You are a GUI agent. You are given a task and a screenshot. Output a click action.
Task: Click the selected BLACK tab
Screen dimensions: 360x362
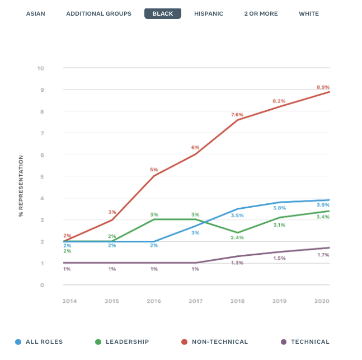[163, 13]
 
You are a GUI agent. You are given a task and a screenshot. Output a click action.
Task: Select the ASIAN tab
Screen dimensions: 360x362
[36, 13]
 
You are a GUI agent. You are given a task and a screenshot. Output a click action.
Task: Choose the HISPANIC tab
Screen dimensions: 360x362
[209, 13]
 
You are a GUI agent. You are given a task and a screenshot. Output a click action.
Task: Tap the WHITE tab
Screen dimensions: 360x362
[309, 13]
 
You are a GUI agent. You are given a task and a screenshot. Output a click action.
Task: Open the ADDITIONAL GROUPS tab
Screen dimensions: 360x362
[99, 13]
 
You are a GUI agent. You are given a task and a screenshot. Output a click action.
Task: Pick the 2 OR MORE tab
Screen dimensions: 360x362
[261, 13]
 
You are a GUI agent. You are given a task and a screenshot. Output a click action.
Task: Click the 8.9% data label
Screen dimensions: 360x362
[323, 87]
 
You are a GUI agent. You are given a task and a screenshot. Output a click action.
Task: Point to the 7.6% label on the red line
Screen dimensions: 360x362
[237, 115]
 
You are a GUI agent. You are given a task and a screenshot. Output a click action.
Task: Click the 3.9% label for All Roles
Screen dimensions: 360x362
[323, 205]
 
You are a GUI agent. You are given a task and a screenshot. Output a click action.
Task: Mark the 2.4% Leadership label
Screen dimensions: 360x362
[238, 238]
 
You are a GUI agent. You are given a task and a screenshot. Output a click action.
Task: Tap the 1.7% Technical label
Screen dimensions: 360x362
[323, 255]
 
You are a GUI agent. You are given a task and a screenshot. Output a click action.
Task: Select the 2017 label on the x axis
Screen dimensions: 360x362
[195, 301]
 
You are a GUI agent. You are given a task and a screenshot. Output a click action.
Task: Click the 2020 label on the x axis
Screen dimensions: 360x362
[321, 301]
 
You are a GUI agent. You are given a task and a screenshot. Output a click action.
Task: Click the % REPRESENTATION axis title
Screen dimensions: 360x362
[21, 186]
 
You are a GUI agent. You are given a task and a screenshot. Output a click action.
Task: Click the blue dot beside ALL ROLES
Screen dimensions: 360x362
[18, 342]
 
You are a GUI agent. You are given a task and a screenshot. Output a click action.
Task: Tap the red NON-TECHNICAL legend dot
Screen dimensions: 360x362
[182, 342]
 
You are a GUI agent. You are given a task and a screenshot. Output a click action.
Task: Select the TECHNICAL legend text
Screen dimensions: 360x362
[310, 342]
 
